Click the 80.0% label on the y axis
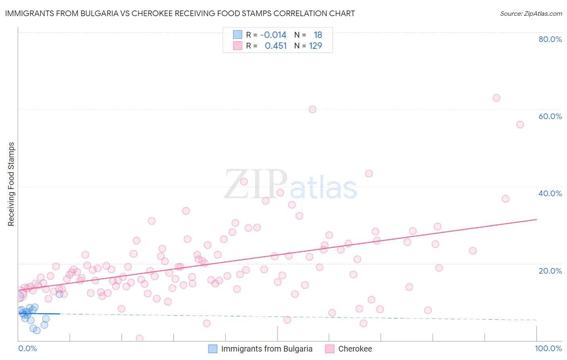click(550, 39)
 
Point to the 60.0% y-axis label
click(550, 116)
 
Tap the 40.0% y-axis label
click(550, 193)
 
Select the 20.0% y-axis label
click(550, 270)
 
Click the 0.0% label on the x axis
click(27, 349)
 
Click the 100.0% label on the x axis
click(548, 349)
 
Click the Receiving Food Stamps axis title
click(11, 184)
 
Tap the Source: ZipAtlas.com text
click(531, 13)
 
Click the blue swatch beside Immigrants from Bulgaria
click(213, 349)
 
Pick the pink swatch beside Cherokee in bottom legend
click(330, 349)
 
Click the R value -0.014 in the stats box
click(273, 35)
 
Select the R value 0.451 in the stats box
click(275, 46)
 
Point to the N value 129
click(315, 46)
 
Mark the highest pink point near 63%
click(496, 98)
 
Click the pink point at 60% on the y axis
click(312, 109)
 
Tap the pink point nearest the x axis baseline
click(140, 338)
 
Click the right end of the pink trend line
click(536, 219)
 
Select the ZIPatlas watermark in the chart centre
click(290, 185)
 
